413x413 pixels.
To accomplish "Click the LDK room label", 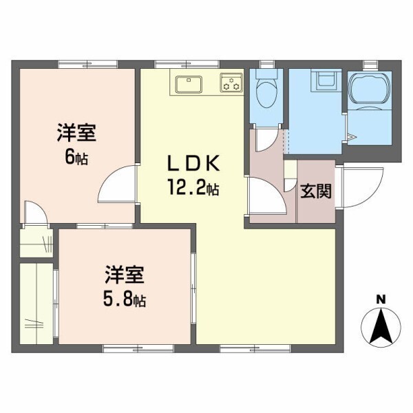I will [x=193, y=164].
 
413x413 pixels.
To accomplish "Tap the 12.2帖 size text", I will [x=193, y=187].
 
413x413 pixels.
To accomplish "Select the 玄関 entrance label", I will [x=315, y=191].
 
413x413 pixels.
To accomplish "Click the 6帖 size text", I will [x=76, y=157].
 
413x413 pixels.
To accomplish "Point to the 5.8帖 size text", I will [x=125, y=299].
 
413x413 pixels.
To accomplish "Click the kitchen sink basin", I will [x=187, y=85].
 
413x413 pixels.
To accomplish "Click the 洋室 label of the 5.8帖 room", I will [x=125, y=276].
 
